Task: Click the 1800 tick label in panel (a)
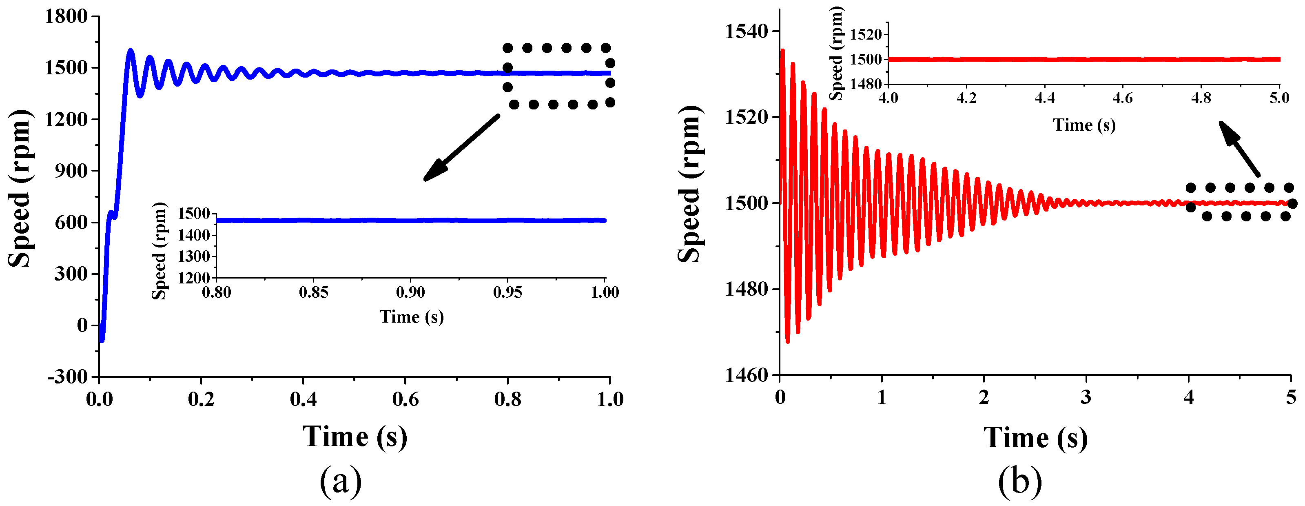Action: pos(66,16)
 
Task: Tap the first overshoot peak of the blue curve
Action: pos(131,51)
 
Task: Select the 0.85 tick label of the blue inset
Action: pos(313,292)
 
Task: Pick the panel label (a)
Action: pos(341,481)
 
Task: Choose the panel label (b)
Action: pos(1020,481)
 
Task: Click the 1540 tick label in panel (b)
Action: pos(746,31)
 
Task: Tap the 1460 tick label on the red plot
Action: pos(746,375)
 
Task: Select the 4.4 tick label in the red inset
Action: pos(1044,98)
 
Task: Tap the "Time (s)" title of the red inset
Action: pos(1084,125)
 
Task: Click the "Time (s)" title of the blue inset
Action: pos(411,317)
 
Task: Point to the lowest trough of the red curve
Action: pos(787,341)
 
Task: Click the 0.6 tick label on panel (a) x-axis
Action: pos(405,399)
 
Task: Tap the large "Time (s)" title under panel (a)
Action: pos(354,437)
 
